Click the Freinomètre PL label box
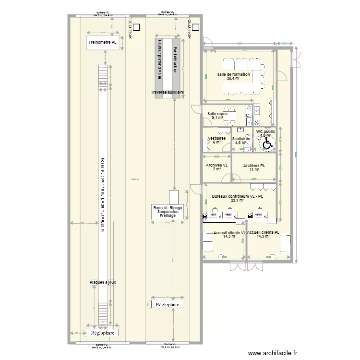103,42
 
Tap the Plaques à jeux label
103,282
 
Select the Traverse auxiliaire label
168,92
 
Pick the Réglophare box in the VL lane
168,304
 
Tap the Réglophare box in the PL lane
103,333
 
